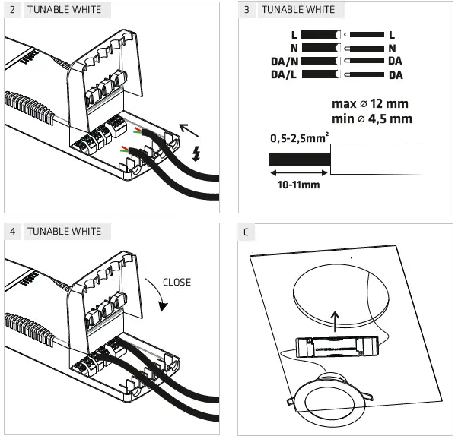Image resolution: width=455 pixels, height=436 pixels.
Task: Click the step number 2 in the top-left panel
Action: (13, 11)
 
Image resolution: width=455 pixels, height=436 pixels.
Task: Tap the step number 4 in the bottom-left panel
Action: (13, 231)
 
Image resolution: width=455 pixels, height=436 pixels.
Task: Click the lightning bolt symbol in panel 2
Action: (197, 154)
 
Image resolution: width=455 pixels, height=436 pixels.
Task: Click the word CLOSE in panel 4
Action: (177, 283)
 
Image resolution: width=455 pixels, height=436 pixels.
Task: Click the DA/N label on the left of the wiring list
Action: (284, 61)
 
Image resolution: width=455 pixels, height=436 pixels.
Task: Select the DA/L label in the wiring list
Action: (284, 74)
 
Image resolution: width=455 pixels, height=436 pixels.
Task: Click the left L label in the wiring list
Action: (294, 35)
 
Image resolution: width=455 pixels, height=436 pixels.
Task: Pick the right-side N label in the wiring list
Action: (392, 48)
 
